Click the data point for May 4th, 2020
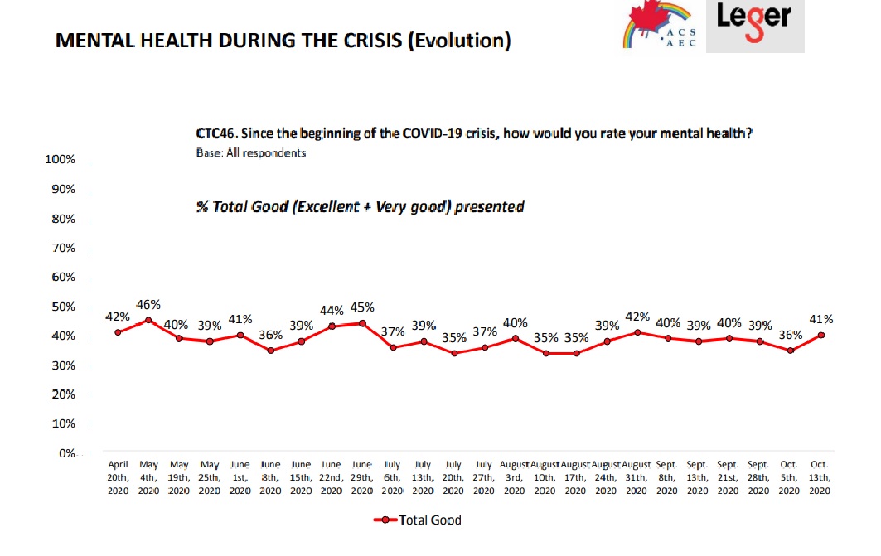click(148, 320)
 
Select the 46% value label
click(148, 305)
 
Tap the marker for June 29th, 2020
click(362, 323)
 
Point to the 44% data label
click(332, 311)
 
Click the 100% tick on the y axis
click(61, 159)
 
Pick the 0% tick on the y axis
click(67, 453)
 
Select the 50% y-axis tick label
click(64, 307)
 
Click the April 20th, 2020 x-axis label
click(118, 477)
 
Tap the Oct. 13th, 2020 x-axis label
click(820, 477)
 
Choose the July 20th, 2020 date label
click(453, 477)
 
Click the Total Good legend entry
click(418, 520)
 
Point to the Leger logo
click(755, 26)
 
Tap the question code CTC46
click(215, 133)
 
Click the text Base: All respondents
click(251, 152)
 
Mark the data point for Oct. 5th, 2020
click(791, 351)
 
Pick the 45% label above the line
click(362, 307)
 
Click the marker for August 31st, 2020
click(637, 332)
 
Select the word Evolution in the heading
click(459, 41)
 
